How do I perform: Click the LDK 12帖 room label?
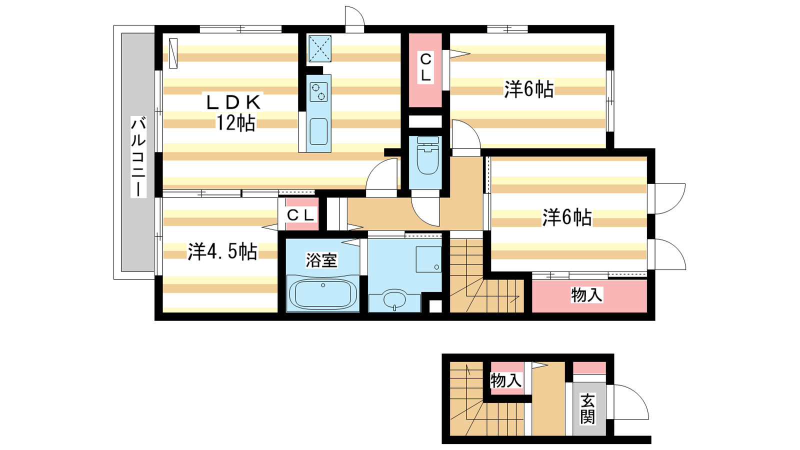(234, 112)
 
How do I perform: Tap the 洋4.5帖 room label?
(222, 252)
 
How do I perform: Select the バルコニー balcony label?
(138, 156)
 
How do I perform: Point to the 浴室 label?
(321, 260)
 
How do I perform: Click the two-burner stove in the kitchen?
(318, 91)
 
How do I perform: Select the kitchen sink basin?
(318, 131)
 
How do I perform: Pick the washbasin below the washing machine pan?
(394, 300)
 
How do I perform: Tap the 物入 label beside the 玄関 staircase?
(505, 380)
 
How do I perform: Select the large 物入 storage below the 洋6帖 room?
(589, 295)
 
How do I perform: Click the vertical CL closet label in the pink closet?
(425, 67)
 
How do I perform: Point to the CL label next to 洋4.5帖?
(300, 215)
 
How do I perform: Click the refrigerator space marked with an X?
(320, 48)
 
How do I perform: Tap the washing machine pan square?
(428, 259)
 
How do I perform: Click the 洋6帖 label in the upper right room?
(529, 89)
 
